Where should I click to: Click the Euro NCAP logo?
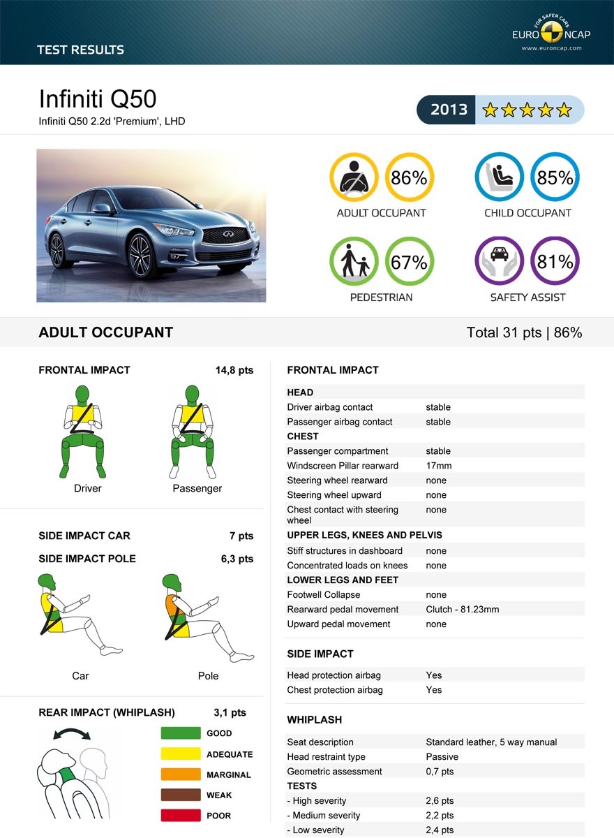pos(548,32)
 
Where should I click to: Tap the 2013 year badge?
pos(449,110)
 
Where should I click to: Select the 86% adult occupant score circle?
pos(410,177)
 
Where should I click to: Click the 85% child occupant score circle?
pos(555,177)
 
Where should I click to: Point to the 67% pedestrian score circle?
pos(410,262)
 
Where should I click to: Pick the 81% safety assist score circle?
pos(555,262)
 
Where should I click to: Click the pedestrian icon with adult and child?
pos(354,262)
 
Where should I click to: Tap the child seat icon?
pos(500,177)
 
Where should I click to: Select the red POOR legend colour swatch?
pos(181,816)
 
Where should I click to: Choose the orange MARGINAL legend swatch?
pos(181,774)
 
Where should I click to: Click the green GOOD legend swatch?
pos(181,733)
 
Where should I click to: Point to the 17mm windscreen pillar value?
pos(439,466)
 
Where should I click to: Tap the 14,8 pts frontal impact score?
pos(234,370)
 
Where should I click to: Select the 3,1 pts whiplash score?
pos(230,713)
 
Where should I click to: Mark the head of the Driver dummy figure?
pos(84,395)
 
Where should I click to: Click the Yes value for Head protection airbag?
pos(434,675)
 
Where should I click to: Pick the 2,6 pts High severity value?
pos(440,801)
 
